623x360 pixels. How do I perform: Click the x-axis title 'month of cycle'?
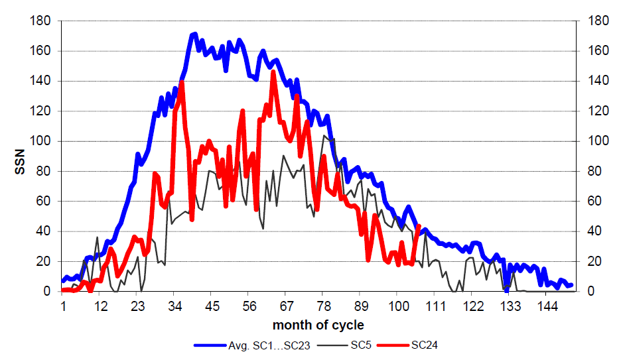pos(318,325)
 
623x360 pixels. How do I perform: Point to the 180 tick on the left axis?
pos(41,21)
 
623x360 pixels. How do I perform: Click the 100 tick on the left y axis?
pos(41,141)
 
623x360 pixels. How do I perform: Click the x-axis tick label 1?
pos(63,306)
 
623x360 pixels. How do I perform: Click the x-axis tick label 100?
pos(398,306)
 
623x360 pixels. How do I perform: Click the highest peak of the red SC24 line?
pos(273,72)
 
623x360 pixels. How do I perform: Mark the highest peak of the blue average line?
pos(195,34)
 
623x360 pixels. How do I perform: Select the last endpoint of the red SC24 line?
pos(418,226)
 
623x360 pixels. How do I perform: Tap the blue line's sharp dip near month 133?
pos(506,290)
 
